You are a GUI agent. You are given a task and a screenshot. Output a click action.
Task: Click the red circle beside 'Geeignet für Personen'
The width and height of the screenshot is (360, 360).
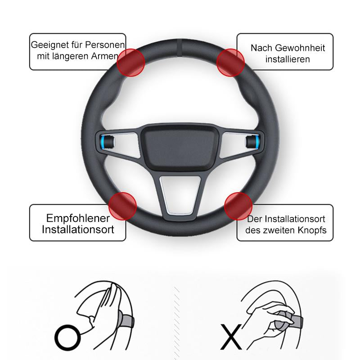point(131,63)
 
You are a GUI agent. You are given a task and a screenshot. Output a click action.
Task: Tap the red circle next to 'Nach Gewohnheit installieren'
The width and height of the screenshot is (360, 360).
point(230,63)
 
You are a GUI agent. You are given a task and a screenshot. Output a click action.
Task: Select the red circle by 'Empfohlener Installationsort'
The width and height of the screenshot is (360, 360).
point(122,207)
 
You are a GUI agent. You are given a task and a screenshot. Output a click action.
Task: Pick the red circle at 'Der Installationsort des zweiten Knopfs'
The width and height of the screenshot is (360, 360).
point(238,207)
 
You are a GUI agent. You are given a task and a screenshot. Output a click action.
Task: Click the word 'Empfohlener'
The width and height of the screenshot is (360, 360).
point(78,218)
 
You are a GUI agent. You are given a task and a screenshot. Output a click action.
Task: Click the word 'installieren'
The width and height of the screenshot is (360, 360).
point(288,59)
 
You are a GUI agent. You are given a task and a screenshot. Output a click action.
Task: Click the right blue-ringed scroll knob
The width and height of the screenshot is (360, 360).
point(252,142)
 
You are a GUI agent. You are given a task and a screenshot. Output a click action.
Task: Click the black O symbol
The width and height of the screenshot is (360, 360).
point(67,337)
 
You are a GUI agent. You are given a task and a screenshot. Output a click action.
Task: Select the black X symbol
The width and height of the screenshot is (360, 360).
point(231,337)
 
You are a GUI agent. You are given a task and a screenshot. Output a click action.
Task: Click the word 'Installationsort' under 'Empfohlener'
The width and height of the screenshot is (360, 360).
point(78,229)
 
